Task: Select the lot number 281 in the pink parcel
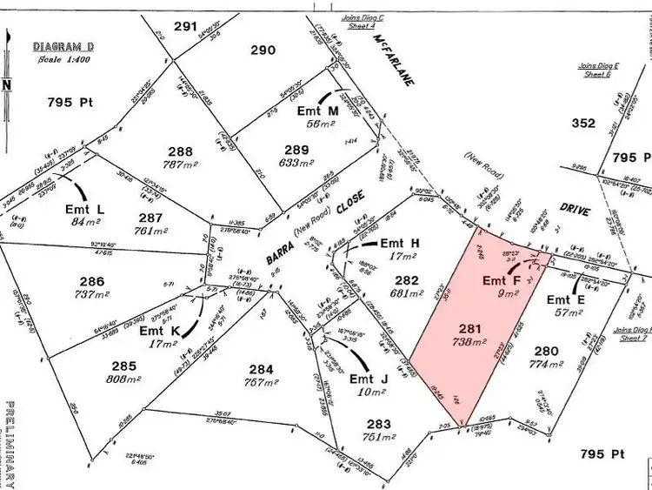click(469, 329)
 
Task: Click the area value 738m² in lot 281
click(469, 343)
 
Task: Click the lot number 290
click(263, 51)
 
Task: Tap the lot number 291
click(185, 27)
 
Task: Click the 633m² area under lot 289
click(297, 162)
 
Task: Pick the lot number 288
click(180, 149)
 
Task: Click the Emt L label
click(84, 209)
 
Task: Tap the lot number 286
click(91, 282)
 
